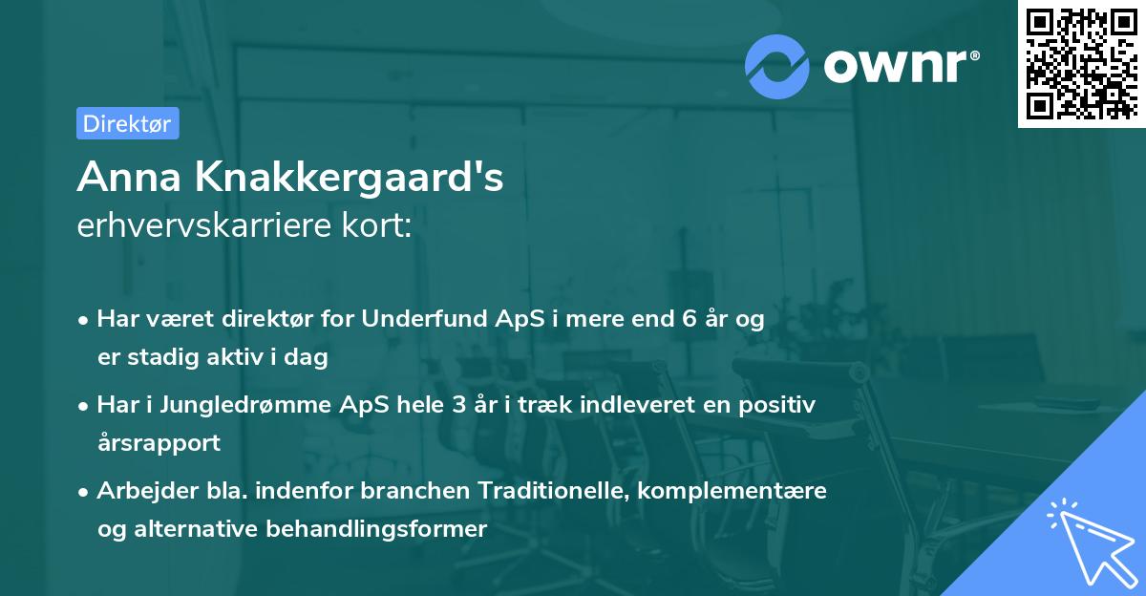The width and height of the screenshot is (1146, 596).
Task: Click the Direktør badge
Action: coord(127,123)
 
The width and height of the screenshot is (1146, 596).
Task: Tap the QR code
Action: coord(1080,63)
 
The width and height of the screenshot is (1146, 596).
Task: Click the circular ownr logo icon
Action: coord(776,67)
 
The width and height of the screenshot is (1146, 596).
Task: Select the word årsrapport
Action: coord(159,443)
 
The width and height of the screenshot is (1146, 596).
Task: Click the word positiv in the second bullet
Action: coord(780,405)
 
